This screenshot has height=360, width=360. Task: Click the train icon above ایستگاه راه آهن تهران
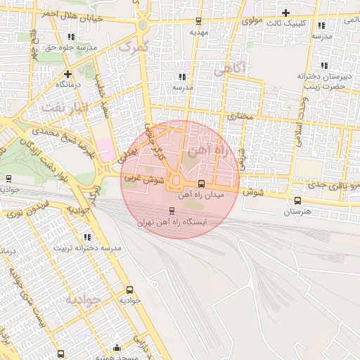[x=172, y=210]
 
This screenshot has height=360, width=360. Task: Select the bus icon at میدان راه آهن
[x=202, y=185]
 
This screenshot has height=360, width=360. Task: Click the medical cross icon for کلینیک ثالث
[x=285, y=12]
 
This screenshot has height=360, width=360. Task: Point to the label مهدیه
[x=199, y=32]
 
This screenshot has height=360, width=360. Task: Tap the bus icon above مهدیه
[x=198, y=20]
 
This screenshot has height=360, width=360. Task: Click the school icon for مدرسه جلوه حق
[x=70, y=37]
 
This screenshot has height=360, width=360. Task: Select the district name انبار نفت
[x=63, y=107]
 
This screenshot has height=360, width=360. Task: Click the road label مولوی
[x=252, y=20]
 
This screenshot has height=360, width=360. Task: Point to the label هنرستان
[x=297, y=211]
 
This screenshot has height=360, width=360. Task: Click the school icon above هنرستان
[x=297, y=200]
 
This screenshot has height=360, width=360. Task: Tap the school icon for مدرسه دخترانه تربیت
[x=88, y=238]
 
